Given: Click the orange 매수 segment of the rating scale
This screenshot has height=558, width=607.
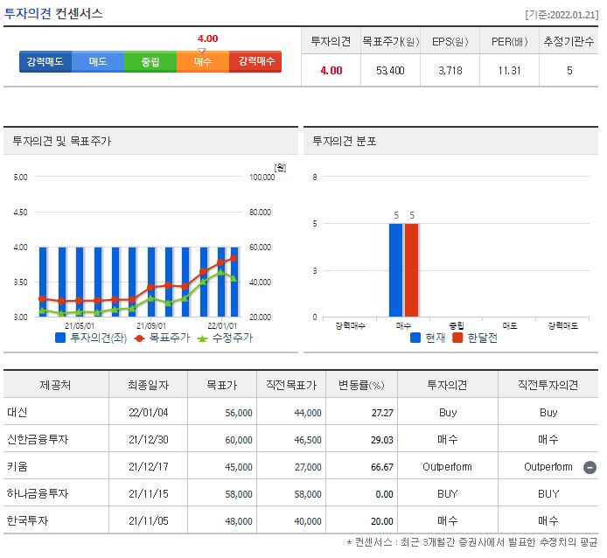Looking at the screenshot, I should tap(203, 62).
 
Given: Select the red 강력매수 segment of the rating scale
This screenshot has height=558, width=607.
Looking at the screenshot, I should tap(255, 62).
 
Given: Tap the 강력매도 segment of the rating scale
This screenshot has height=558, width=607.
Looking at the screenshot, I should tap(45, 62).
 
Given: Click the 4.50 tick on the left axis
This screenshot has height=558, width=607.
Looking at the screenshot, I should tap(20, 212).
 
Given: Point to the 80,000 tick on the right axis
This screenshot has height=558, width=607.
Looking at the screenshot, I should tap(262, 212).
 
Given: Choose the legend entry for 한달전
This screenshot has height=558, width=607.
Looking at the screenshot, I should tap(476, 338).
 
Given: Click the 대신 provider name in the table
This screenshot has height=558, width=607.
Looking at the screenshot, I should tap(17, 412).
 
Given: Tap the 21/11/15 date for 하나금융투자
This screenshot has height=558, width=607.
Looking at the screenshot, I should tap(148, 493).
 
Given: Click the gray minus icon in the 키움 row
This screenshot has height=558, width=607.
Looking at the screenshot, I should tap(590, 466).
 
